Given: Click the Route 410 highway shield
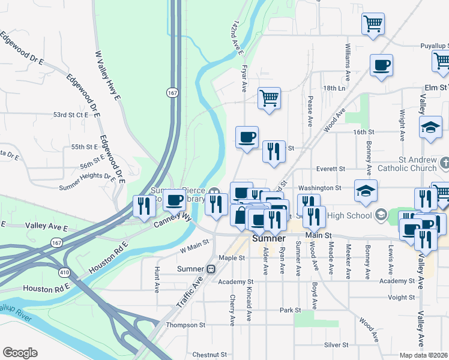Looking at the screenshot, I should [63, 272].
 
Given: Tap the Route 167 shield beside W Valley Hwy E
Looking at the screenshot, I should [172, 92].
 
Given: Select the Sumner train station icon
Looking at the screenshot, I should [211, 269].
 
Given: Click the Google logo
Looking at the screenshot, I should [20, 353].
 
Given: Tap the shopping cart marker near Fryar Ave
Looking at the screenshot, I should [270, 97].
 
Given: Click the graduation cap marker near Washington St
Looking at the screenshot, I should [366, 190].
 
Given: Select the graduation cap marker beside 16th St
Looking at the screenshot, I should [430, 127].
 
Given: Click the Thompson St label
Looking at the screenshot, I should [187, 325].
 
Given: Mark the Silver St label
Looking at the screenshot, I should [336, 345].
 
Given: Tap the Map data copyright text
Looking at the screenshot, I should [424, 355].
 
